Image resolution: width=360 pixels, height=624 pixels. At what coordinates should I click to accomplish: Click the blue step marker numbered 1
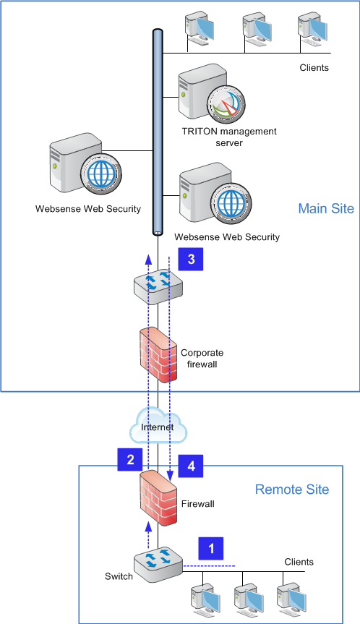(x=211, y=548)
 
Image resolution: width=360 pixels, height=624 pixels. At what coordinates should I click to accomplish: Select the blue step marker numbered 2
(x=130, y=460)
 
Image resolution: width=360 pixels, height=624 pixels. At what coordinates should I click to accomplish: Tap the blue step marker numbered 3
(x=191, y=259)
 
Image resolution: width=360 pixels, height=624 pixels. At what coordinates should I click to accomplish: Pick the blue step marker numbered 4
(x=191, y=466)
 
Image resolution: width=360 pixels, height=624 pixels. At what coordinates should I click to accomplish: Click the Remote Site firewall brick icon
(x=158, y=498)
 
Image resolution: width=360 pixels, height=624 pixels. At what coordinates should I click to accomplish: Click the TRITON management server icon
(x=211, y=94)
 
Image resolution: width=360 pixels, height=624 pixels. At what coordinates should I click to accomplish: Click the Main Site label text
(x=326, y=208)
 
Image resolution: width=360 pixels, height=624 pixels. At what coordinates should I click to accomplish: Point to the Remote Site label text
(x=292, y=489)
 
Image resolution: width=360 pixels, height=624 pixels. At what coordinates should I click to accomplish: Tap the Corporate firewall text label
(x=202, y=358)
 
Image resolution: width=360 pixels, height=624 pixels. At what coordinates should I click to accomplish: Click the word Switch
(x=119, y=576)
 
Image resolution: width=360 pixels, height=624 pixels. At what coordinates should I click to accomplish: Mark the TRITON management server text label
(x=229, y=137)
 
